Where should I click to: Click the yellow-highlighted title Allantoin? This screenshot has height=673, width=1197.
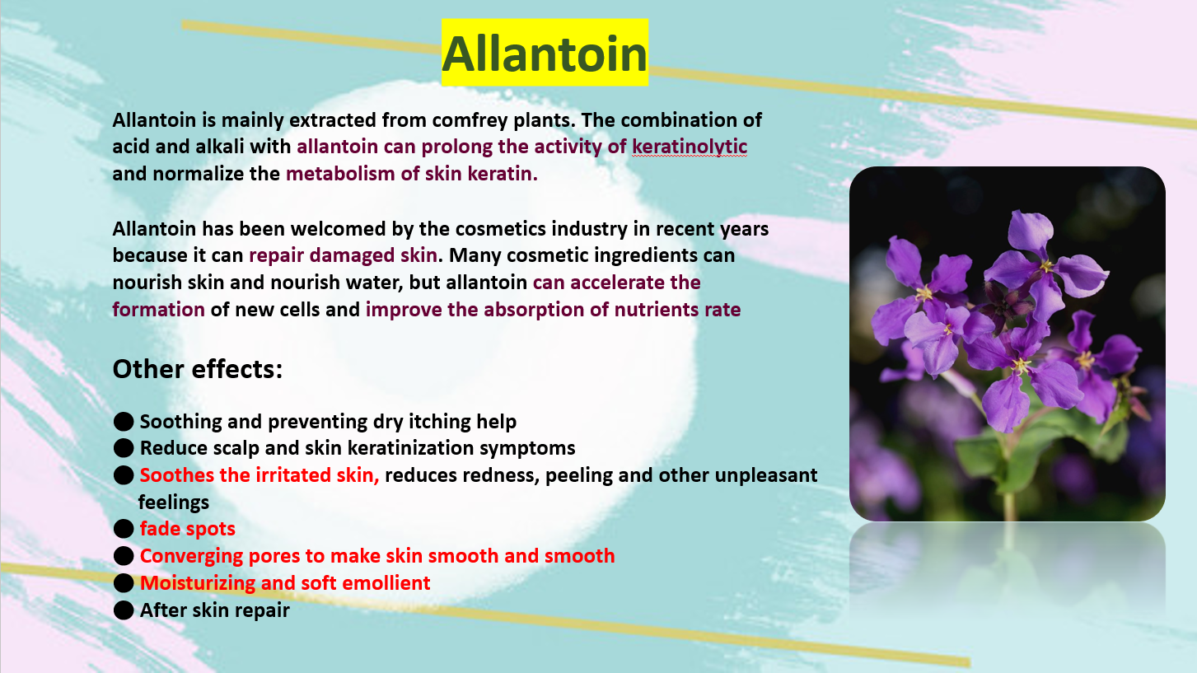click(x=545, y=53)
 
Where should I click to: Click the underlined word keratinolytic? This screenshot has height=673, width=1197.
click(x=690, y=147)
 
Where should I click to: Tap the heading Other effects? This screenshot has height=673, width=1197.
click(x=197, y=368)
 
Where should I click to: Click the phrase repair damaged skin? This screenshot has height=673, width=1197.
click(x=343, y=255)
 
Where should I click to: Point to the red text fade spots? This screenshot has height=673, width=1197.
click(x=188, y=529)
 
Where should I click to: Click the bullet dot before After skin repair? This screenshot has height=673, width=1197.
click(x=124, y=610)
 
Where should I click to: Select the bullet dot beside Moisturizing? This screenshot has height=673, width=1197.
click(x=124, y=582)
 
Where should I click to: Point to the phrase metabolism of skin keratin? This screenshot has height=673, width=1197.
click(x=411, y=174)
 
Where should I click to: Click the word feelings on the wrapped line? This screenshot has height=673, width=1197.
click(x=174, y=502)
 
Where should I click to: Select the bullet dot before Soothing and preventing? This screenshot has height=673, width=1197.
click(x=124, y=422)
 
